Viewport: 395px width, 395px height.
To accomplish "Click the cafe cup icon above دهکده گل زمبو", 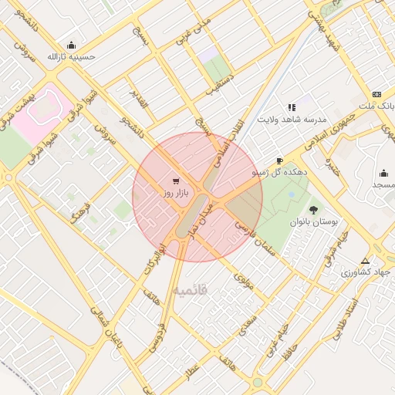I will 279,161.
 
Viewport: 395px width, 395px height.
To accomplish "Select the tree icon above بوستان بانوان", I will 313,209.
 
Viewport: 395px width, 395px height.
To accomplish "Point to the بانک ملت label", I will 378,104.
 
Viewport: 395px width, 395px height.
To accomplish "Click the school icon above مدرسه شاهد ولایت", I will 292,107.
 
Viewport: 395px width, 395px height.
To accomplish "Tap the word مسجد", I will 383,185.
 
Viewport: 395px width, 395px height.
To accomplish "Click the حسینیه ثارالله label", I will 71,56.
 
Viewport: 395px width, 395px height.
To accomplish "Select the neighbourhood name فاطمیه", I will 190,290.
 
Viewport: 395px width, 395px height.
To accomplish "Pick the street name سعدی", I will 248,319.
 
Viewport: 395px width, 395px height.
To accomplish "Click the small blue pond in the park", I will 290,194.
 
